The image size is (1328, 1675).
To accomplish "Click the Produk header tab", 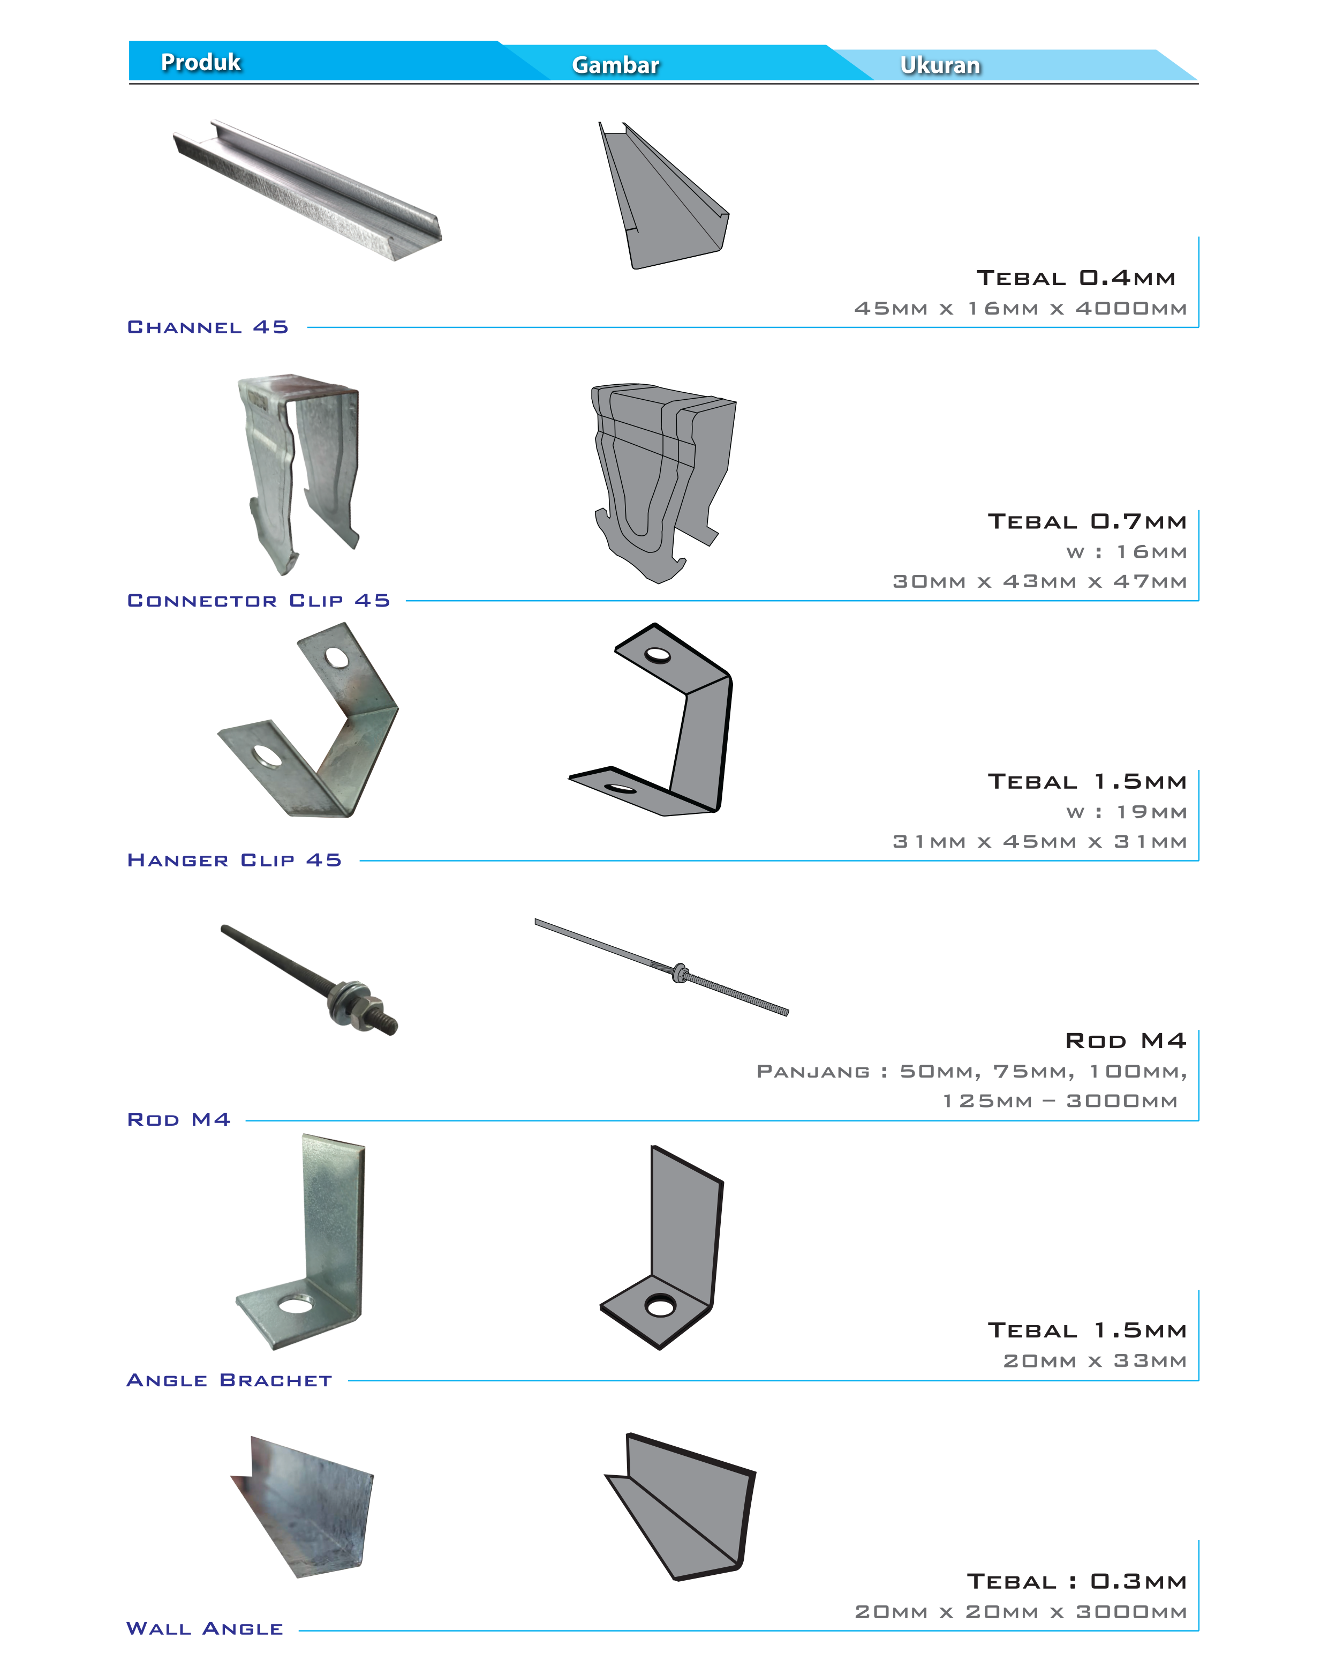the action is pos(200,62).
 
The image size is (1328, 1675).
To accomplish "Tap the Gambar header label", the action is pos(615,64).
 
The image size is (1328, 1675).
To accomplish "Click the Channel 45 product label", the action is pos(207,327).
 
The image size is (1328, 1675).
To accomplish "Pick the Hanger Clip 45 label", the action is pos(235,860).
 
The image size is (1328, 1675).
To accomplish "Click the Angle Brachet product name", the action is pos(229,1380).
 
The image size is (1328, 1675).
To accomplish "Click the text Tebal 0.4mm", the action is pos(1076,278).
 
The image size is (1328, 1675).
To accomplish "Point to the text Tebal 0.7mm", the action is pos(1087,521).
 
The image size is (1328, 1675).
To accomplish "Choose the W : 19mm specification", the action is pos(1127,812).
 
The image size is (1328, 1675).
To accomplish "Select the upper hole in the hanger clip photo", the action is pos(337,658).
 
